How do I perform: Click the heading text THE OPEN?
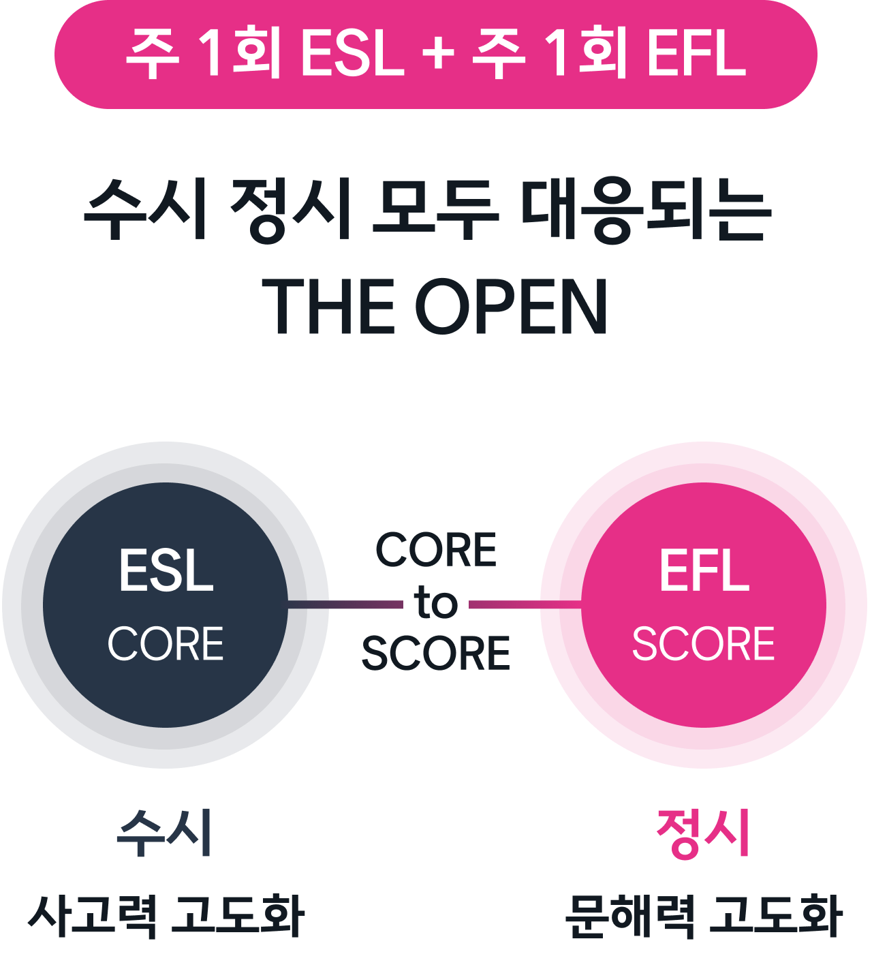(435, 307)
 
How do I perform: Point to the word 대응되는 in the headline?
(646, 209)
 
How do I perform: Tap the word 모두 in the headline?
(435, 209)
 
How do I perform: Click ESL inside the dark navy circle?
(166, 571)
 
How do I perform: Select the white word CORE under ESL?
(166, 644)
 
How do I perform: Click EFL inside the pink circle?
(704, 571)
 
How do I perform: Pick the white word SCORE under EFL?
(704, 644)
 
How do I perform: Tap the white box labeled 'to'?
(436, 602)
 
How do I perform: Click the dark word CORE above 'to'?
(436, 551)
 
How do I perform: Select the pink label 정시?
(703, 833)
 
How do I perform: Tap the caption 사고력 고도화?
(166, 915)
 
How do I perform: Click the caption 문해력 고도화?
(704, 915)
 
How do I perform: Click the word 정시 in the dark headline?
(291, 209)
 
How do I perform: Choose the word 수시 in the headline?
(146, 209)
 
